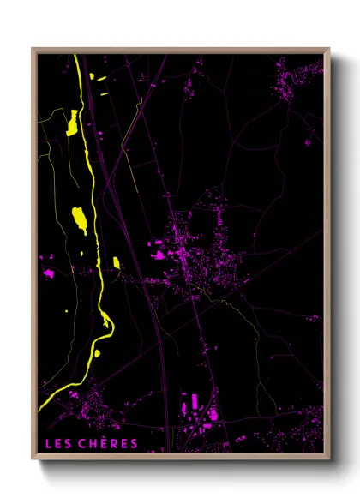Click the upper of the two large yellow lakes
(73, 124)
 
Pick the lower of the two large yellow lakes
(80, 219)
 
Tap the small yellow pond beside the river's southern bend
(97, 351)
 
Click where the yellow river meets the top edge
(76, 57)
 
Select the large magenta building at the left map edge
(48, 273)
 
